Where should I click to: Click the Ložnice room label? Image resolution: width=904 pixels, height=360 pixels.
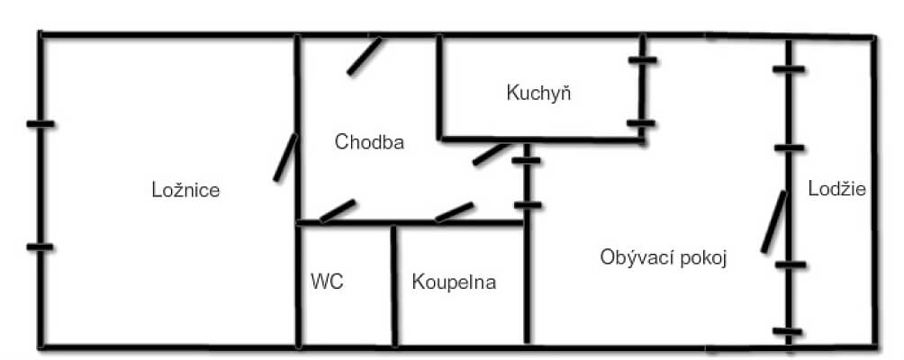click(186, 190)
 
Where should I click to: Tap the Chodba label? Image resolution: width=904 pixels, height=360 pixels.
click(369, 142)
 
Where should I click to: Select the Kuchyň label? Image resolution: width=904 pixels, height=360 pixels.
click(539, 92)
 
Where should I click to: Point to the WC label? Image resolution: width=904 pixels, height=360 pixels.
click(327, 282)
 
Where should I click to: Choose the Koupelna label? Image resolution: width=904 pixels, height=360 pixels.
click(454, 282)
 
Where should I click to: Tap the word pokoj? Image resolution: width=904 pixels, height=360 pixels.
click(704, 257)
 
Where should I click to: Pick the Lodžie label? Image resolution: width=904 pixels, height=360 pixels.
click(836, 189)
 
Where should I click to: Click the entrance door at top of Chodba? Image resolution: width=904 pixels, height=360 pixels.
click(365, 56)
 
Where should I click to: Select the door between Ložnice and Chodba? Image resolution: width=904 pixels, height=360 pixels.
click(285, 157)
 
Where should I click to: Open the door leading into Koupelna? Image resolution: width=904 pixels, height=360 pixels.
click(454, 211)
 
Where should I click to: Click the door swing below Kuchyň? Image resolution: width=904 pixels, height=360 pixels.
click(491, 153)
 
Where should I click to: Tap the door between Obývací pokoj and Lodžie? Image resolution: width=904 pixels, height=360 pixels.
click(773, 221)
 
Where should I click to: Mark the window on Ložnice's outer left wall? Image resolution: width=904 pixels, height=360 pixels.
click(41, 185)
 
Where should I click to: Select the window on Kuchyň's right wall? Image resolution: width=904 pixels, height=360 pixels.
click(642, 92)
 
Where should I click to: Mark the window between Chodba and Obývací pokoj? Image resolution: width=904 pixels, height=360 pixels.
click(529, 184)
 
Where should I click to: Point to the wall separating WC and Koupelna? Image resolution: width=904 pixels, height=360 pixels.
click(393, 285)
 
